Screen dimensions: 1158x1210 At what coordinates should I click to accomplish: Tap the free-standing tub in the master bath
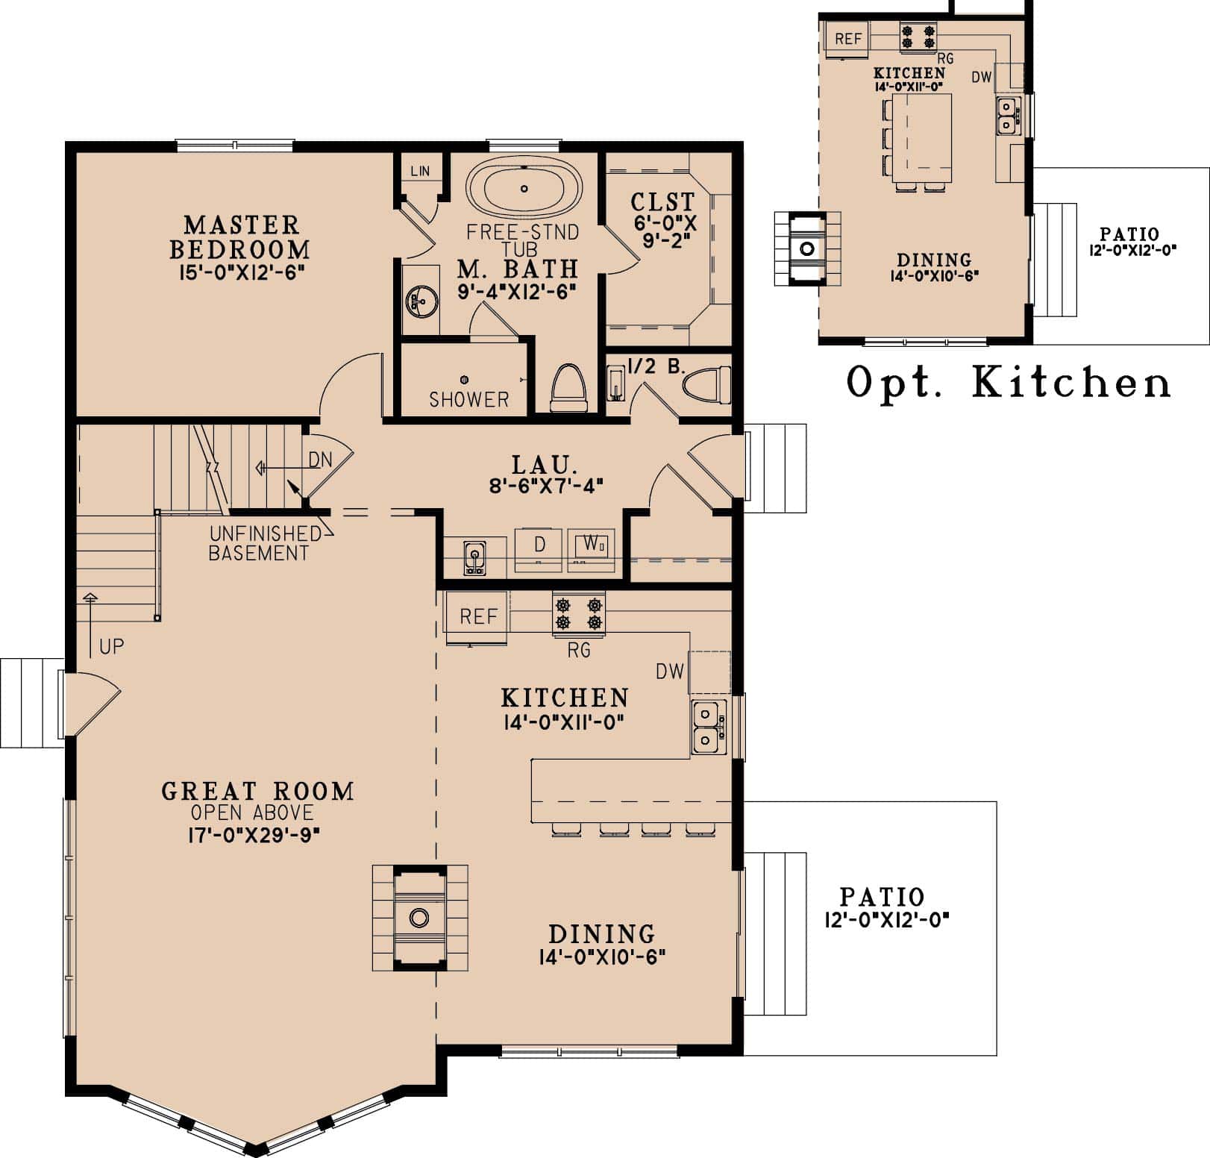coord(524,189)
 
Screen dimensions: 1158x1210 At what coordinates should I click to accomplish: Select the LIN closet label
coord(420,171)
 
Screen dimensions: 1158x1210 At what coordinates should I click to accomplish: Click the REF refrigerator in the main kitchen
coord(477,616)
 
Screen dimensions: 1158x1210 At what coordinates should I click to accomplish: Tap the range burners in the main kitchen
coord(578,613)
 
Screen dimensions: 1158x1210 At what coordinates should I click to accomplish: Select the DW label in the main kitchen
coord(670,672)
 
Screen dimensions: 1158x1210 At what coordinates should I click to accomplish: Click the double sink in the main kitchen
coord(706,727)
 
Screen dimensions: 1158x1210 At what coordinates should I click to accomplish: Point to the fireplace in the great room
coord(419,917)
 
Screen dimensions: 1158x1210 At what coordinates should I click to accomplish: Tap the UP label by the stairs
coord(111,646)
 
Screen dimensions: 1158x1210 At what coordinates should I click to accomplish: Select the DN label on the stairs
coord(320,460)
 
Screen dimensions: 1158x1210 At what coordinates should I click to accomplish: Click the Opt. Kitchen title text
coord(1009,383)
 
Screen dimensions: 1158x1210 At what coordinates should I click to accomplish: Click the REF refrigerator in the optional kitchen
coord(848,39)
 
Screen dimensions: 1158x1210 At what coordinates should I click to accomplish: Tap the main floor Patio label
coord(882,896)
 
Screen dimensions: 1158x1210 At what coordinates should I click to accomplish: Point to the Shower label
coord(468,399)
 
